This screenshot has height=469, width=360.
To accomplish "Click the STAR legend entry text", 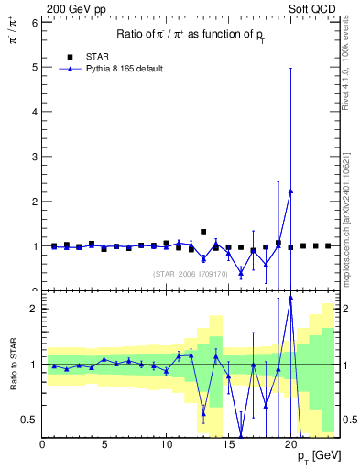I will [99, 55].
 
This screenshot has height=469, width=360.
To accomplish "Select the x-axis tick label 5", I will [104, 445].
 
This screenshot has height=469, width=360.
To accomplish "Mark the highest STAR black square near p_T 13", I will [203, 232].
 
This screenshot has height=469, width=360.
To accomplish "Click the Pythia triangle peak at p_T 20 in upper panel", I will [290, 191].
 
